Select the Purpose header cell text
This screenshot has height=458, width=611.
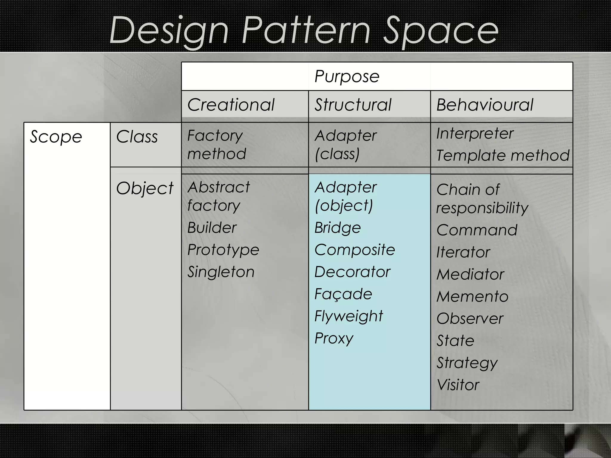[x=347, y=76]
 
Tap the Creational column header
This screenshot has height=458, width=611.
[x=231, y=105]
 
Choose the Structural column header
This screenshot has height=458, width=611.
[x=353, y=105]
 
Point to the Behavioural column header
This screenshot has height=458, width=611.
[x=485, y=105]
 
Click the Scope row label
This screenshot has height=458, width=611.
[x=56, y=137]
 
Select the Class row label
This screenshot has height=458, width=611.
[x=137, y=137]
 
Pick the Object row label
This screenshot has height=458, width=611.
[x=145, y=188]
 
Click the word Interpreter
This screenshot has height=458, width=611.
[x=475, y=133]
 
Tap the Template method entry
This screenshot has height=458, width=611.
[x=503, y=155]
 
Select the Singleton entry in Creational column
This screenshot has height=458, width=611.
[x=221, y=272]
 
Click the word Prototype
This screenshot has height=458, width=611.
[x=223, y=250]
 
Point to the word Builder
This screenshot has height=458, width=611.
[x=212, y=228]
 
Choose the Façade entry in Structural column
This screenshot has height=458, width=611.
[x=343, y=294]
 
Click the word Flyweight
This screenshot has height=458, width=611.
[x=348, y=316]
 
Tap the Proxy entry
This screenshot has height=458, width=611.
[x=334, y=338]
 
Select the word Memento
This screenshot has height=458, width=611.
[x=472, y=296]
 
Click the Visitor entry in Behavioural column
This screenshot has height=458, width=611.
[x=458, y=385]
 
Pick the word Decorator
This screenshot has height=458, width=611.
[x=352, y=272]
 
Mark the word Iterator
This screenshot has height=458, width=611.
[x=463, y=252]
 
